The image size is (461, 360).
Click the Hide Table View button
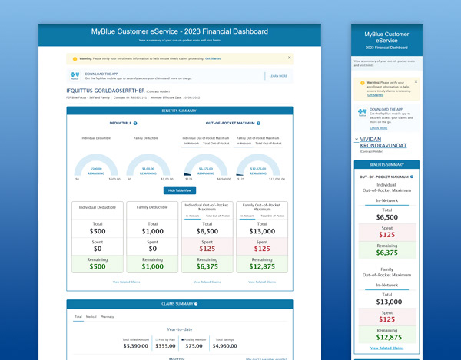(x=178, y=190)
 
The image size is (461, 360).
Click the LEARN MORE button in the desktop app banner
(x=278, y=76)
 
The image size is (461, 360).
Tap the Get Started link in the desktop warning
(x=213, y=58)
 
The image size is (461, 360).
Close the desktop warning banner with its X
(x=289, y=58)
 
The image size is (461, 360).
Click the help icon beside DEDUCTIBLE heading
(x=135, y=123)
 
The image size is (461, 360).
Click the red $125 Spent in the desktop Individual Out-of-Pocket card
(x=207, y=249)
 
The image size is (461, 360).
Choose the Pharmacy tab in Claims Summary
(x=108, y=316)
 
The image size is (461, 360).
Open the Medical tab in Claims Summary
(x=91, y=316)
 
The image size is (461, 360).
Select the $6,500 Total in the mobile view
(x=387, y=217)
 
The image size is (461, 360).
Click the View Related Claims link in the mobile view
(x=387, y=348)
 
